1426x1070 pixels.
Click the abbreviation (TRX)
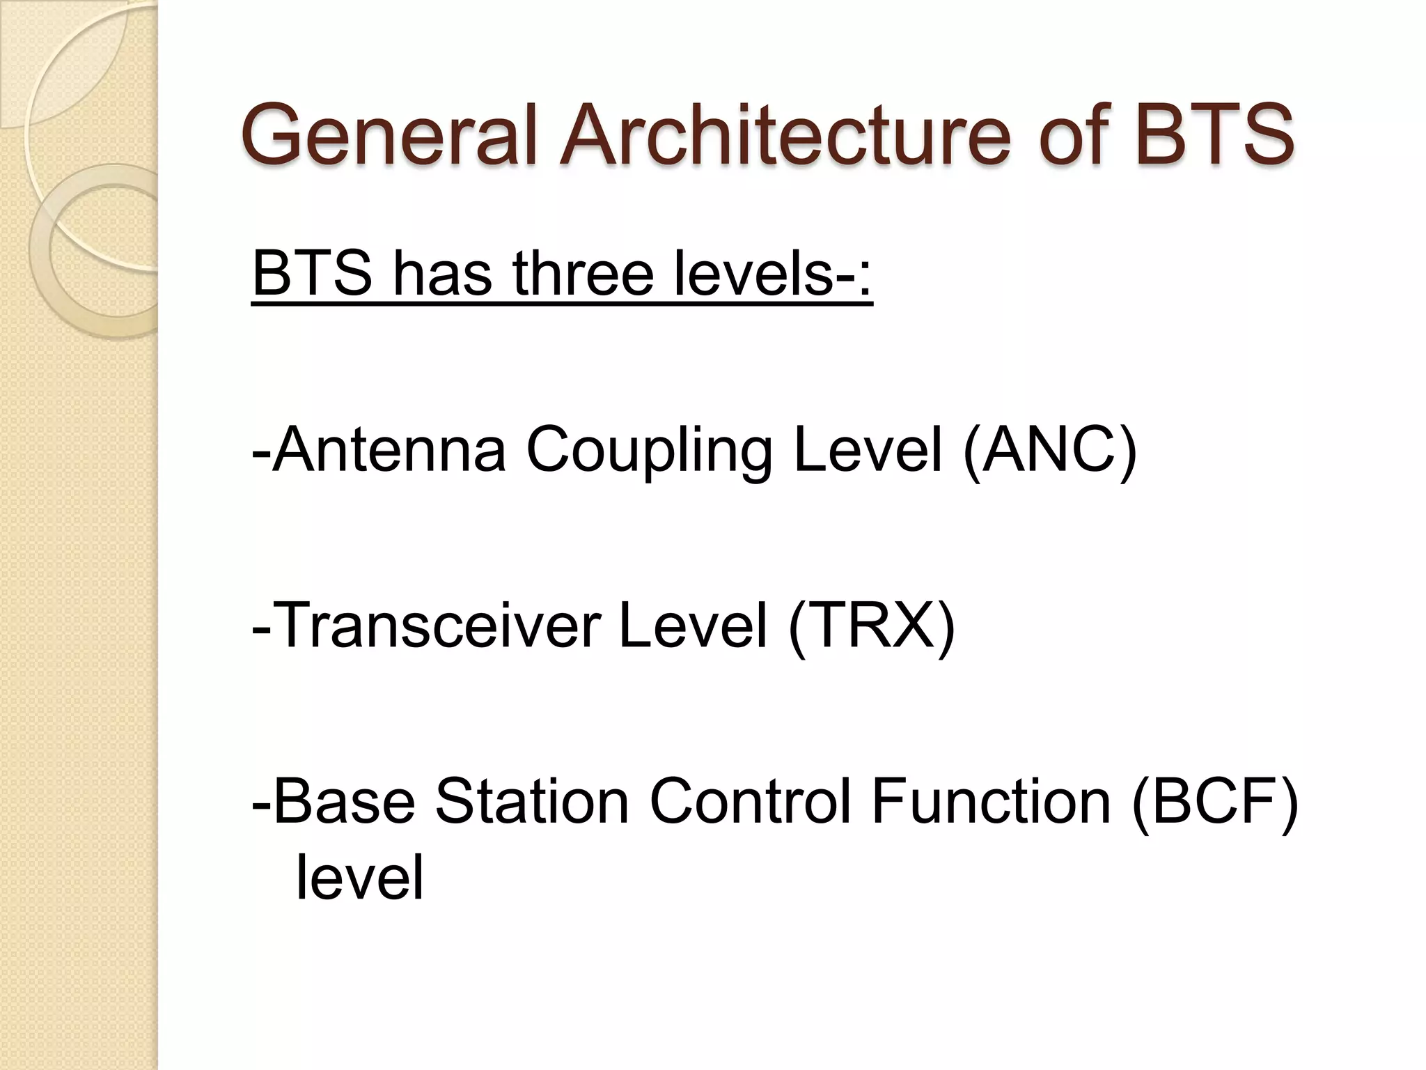(x=872, y=626)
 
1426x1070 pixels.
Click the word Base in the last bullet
(x=345, y=802)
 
